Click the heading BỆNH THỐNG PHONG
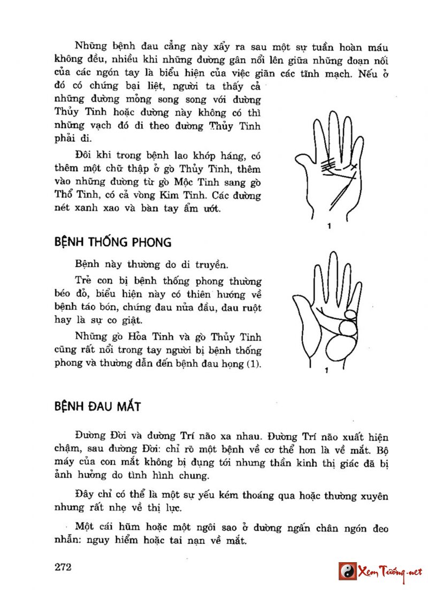[x=113, y=243]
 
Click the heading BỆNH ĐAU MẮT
[x=98, y=406]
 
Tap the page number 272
[x=63, y=568]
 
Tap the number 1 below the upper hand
[x=328, y=227]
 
